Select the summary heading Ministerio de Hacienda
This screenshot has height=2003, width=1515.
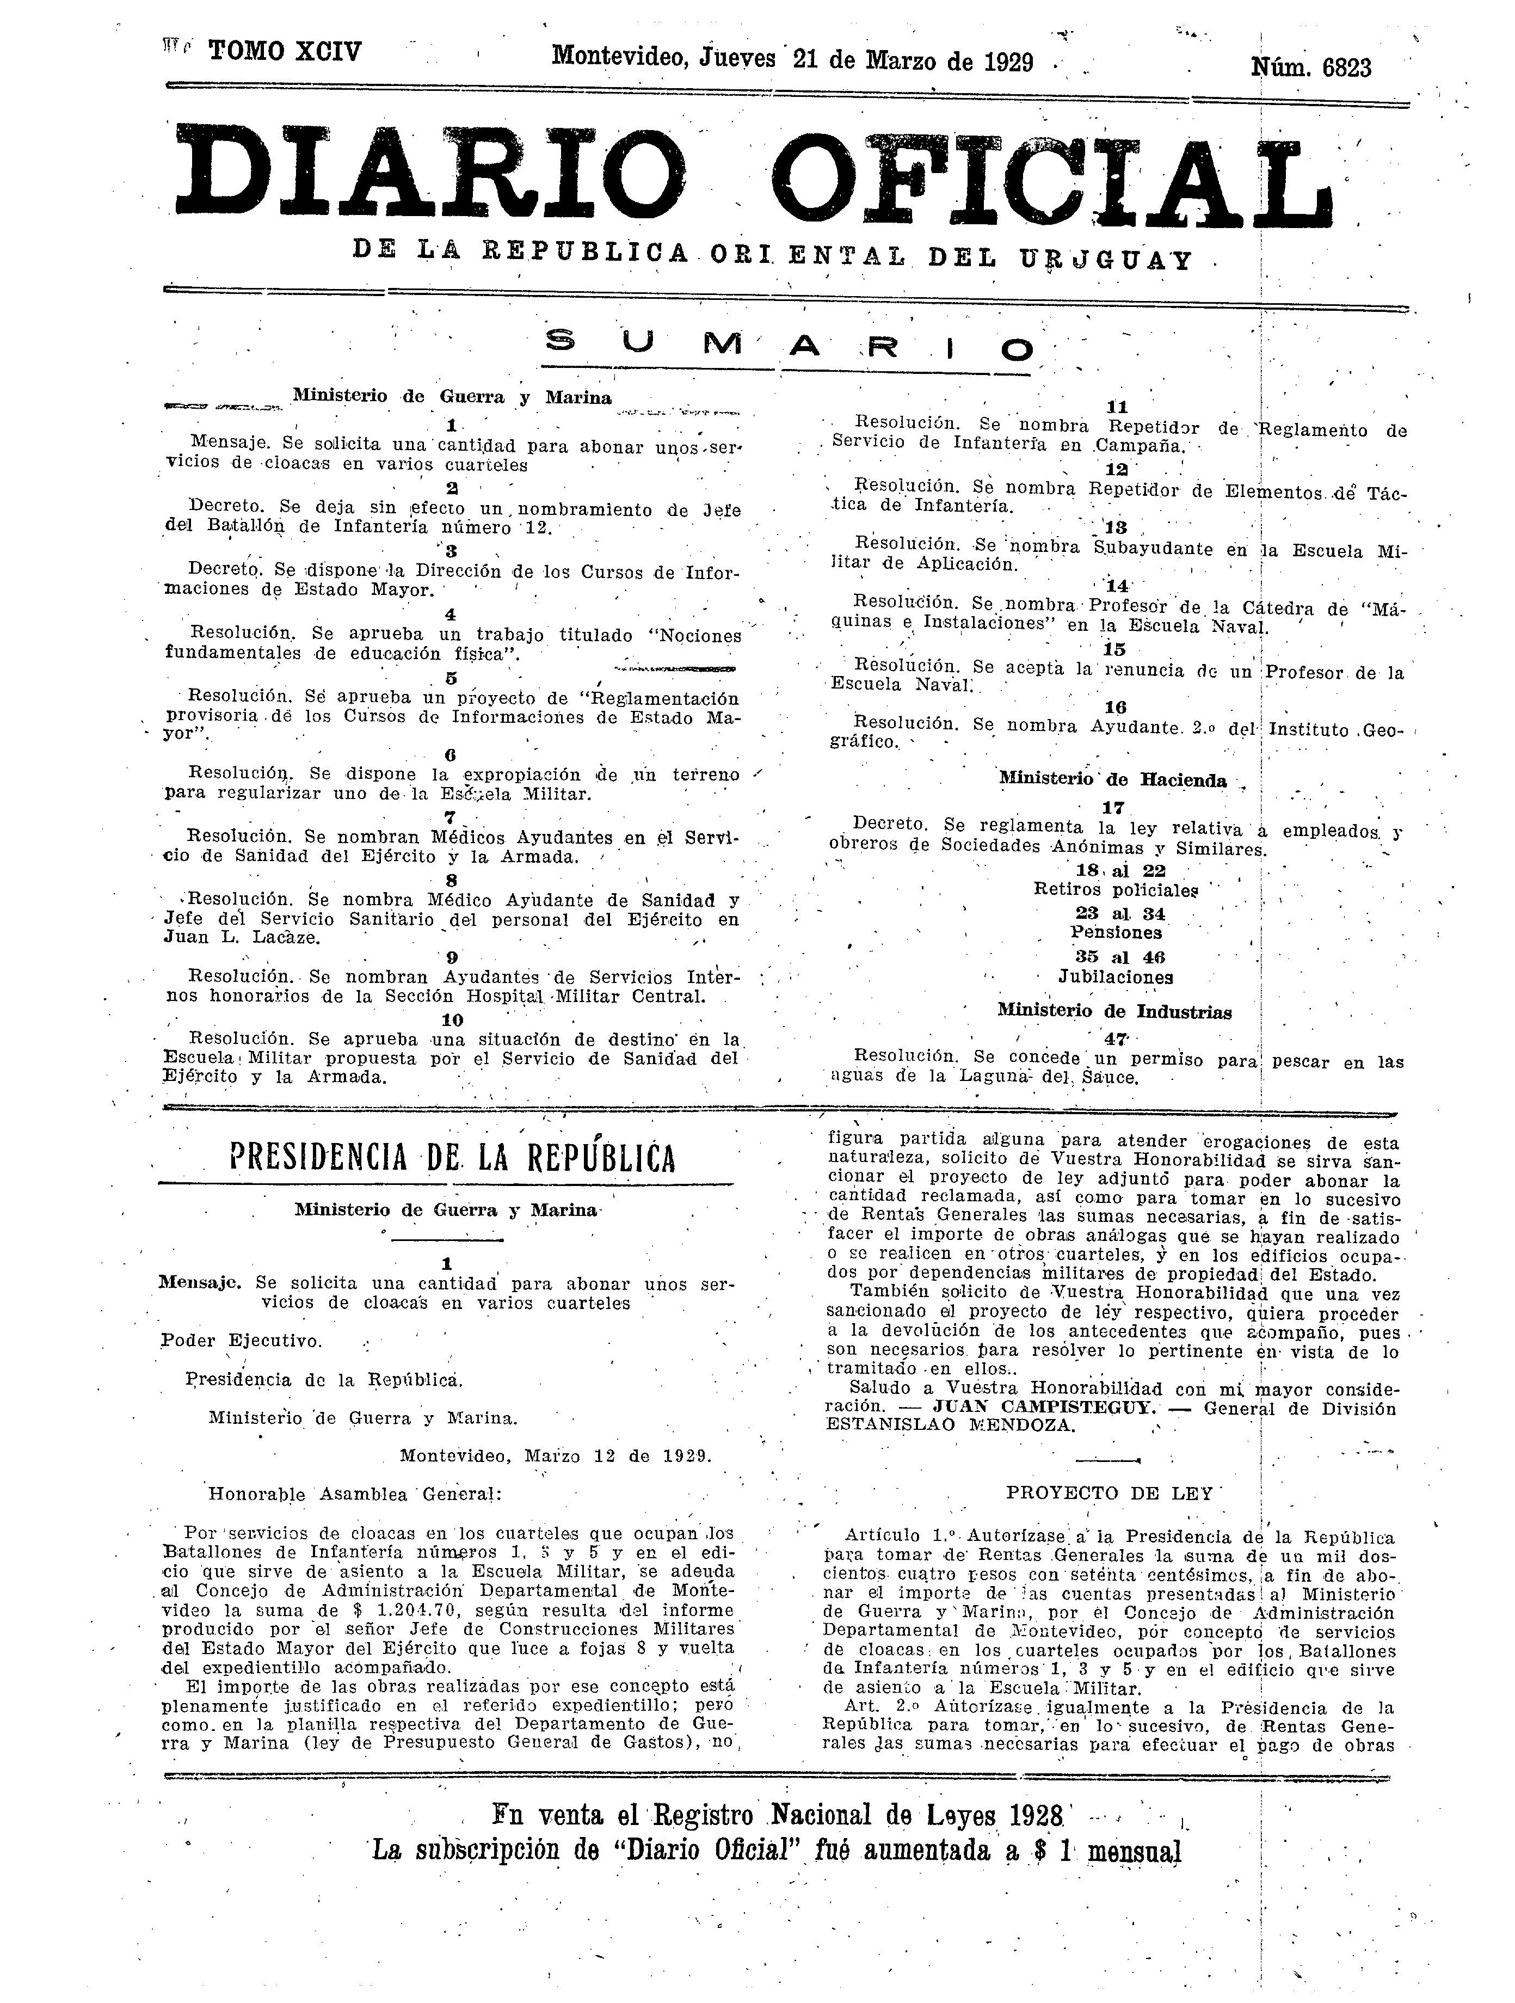[x=1113, y=781]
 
